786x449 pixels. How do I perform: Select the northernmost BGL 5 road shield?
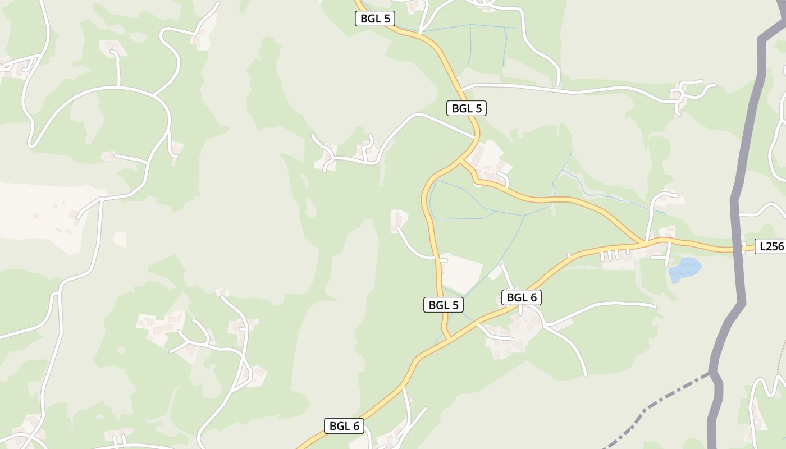[375, 19]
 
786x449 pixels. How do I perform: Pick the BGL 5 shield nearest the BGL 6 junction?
[444, 305]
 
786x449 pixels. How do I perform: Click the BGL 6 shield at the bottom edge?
[344, 426]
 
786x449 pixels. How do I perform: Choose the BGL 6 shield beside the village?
[522, 297]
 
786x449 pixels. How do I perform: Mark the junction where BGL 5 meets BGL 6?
[448, 339]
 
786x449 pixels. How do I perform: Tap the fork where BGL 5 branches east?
[461, 161]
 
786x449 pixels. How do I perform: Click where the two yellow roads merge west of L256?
[643, 243]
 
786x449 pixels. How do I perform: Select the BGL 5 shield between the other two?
[466, 108]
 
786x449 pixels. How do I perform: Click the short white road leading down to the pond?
[668, 255]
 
